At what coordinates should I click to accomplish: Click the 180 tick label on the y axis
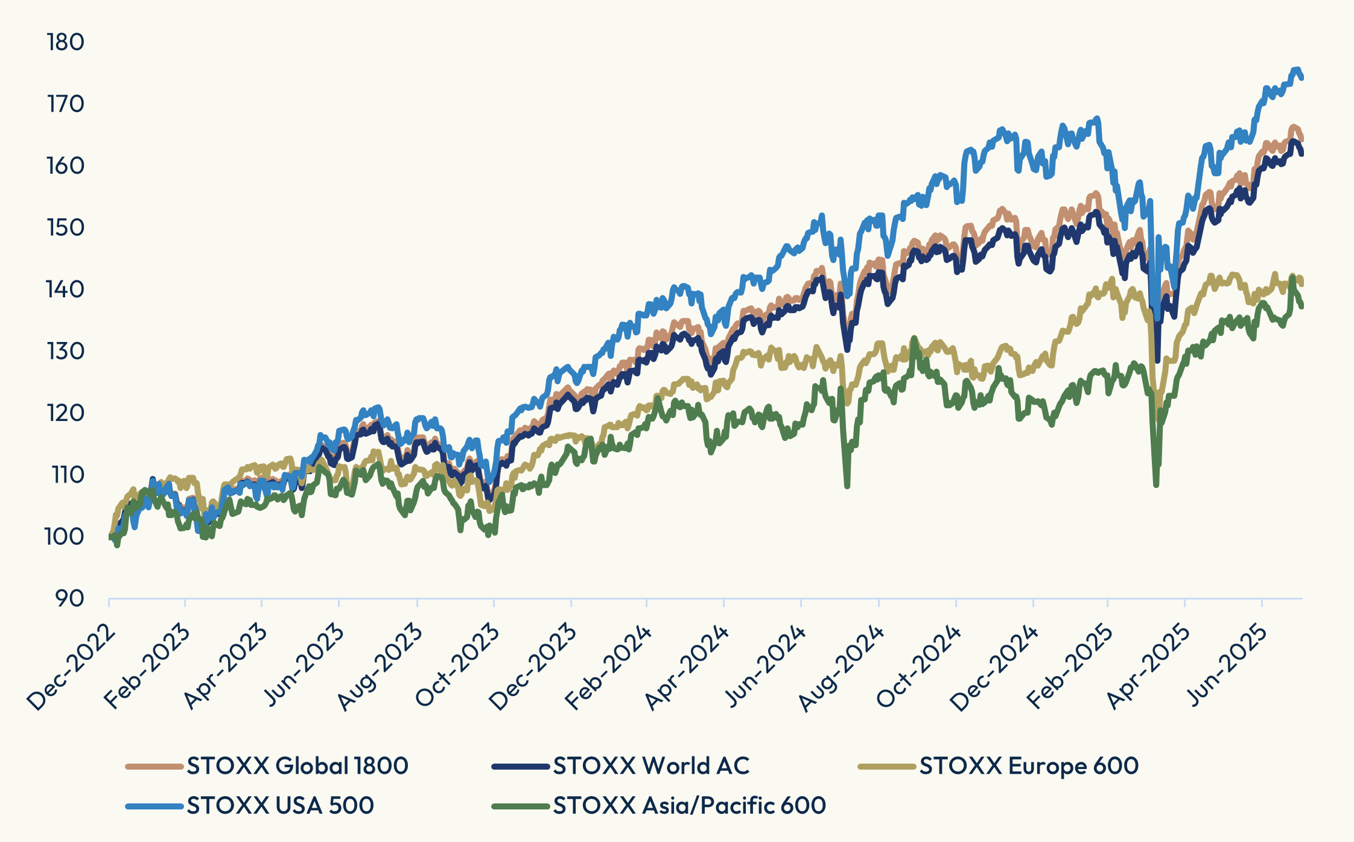65,42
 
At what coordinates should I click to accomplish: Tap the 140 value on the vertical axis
65,290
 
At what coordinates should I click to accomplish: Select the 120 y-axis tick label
65,413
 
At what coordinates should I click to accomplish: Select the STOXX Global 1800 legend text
297,766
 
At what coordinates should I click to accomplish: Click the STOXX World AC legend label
651,766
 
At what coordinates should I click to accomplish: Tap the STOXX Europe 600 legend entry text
1029,766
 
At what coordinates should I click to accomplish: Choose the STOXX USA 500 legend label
280,806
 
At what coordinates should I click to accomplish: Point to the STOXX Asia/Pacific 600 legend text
689,806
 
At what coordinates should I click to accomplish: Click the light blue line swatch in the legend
154,806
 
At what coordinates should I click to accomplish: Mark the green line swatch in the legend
521,806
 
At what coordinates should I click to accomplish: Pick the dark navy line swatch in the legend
521,766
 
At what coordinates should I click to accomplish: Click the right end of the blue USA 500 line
1302,77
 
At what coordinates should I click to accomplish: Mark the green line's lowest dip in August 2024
847,486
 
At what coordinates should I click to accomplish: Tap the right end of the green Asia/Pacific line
1302,306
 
